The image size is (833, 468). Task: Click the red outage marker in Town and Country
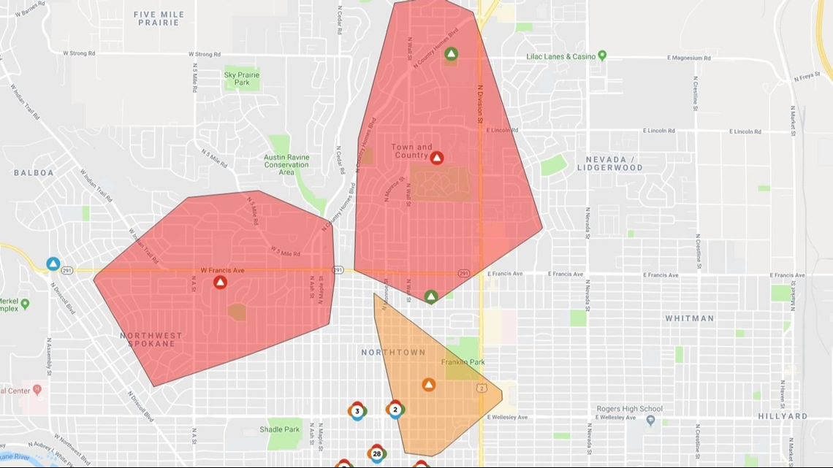[436, 158]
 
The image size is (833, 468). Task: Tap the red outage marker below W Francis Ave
[220, 283]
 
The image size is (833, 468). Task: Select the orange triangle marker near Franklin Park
[429, 384]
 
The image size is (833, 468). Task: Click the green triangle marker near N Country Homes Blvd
[452, 53]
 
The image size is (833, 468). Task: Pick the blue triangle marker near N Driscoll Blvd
[53, 264]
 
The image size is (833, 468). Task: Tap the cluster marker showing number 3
[357, 411]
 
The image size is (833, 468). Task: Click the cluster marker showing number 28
[376, 453]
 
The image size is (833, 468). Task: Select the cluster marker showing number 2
[395, 410]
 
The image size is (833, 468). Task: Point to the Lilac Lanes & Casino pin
[602, 55]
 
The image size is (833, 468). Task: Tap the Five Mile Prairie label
[159, 18]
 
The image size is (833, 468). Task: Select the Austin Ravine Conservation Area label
[286, 164]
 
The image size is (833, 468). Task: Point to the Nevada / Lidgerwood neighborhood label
[609, 163]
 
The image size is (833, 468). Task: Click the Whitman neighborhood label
[689, 318]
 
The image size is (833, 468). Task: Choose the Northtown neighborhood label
[393, 353]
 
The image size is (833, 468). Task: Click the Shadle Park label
[280, 429]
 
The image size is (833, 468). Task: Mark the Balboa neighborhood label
[34, 173]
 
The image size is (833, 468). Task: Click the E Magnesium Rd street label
[689, 58]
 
